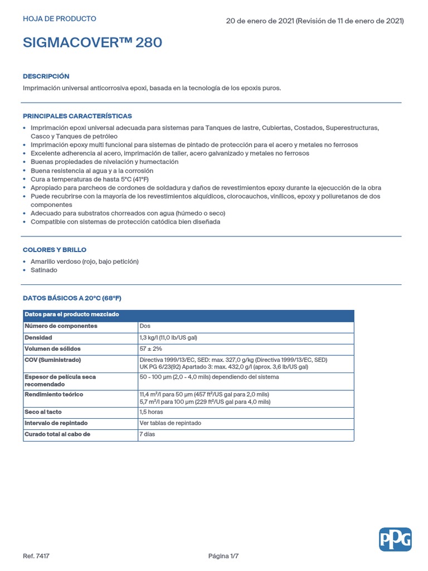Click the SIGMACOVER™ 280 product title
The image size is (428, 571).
pyautogui.click(x=93, y=42)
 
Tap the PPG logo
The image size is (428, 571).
pyautogui.click(x=395, y=539)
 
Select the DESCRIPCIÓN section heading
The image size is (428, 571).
pyautogui.click(x=46, y=76)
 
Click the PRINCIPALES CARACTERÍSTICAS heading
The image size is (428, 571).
pyautogui.click(x=77, y=116)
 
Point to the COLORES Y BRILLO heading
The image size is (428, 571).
pyautogui.click(x=55, y=250)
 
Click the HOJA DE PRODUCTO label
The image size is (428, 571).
pyautogui.click(x=60, y=19)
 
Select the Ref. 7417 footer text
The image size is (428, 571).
pyautogui.click(x=36, y=556)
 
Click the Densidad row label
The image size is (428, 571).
pyautogui.click(x=38, y=338)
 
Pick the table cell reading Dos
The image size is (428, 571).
pyautogui.click(x=145, y=326)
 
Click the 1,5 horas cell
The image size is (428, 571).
pyautogui.click(x=152, y=412)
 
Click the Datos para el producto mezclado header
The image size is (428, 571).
pyautogui.click(x=72, y=315)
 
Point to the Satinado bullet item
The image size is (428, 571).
pyautogui.click(x=44, y=270)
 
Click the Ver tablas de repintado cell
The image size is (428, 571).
pyautogui.click(x=171, y=423)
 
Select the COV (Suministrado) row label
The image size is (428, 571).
pyautogui.click(x=53, y=360)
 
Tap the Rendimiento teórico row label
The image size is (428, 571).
pyautogui.click(x=54, y=394)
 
